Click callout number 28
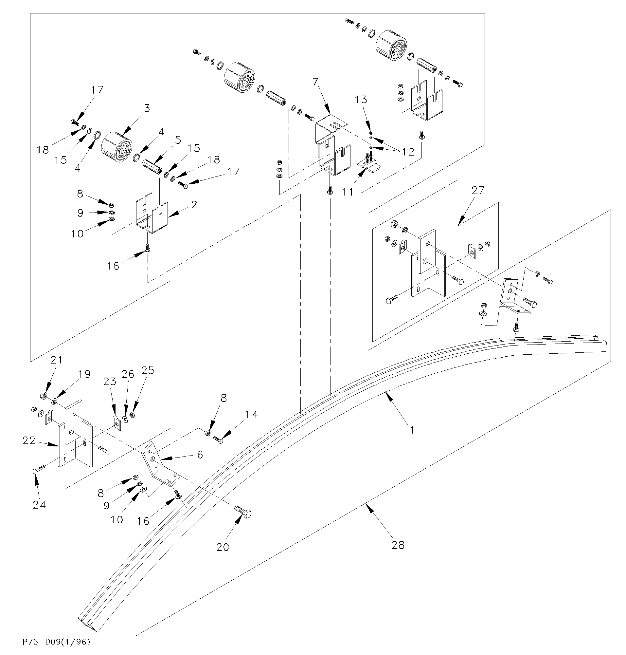click(398, 545)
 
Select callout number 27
click(478, 190)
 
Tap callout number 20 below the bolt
click(223, 547)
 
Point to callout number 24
click(39, 505)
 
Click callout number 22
click(29, 440)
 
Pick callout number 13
click(361, 100)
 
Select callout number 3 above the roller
click(147, 108)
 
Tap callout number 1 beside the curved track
click(412, 430)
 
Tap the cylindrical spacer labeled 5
click(152, 166)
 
